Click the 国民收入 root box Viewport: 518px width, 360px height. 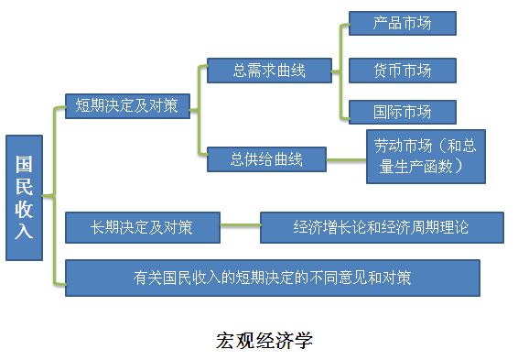point(25,198)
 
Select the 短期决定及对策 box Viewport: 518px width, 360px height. point(127,106)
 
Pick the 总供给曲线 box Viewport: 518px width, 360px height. point(266,159)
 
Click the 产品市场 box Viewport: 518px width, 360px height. point(402,23)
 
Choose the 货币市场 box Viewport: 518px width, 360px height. point(402,69)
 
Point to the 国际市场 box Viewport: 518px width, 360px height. point(402,112)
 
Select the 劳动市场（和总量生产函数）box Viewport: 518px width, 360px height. point(426,157)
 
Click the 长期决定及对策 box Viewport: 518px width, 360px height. point(142,227)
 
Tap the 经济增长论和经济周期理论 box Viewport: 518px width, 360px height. point(382,227)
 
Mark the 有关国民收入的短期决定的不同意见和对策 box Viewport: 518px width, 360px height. point(272,278)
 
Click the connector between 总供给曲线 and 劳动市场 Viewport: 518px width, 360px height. point(347,159)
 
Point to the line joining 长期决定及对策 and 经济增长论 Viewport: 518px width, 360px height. point(240,227)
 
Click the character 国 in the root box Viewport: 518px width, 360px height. point(25,165)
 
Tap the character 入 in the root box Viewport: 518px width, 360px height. point(25,231)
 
